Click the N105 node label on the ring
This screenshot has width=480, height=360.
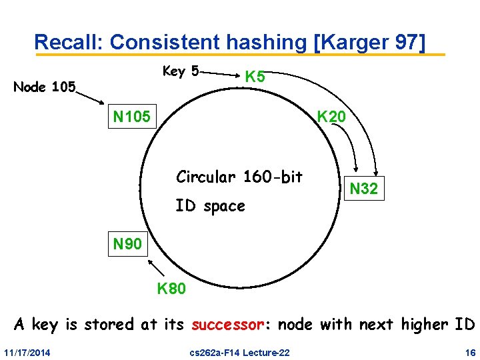click(x=131, y=118)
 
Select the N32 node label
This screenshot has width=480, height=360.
click(x=364, y=189)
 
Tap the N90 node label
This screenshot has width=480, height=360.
click(x=127, y=244)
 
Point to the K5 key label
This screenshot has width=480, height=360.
click(x=255, y=77)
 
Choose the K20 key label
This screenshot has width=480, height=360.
click(x=331, y=117)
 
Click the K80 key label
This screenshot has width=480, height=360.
click(x=172, y=289)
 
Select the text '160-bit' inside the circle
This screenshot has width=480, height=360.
click(x=273, y=177)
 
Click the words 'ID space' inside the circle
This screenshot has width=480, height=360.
click(x=210, y=207)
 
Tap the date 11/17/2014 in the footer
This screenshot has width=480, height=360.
click(x=32, y=351)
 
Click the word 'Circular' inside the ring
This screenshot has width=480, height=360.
click(x=206, y=177)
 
